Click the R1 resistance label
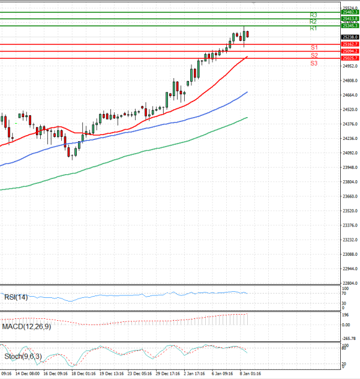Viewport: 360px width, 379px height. pyautogui.click(x=313, y=29)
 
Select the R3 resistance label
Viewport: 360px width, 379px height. pyautogui.click(x=313, y=15)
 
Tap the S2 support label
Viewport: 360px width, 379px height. pyautogui.click(x=314, y=55)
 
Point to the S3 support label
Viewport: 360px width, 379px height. pyautogui.click(x=314, y=63)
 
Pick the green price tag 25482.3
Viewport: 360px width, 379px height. pyautogui.click(x=350, y=12)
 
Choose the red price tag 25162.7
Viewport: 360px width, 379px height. pyautogui.click(x=350, y=44)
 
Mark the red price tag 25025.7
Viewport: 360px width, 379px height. pyautogui.click(x=350, y=58)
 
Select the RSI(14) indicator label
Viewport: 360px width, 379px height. pyautogui.click(x=16, y=297)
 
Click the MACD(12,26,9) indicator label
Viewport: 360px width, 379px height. pyautogui.click(x=26, y=326)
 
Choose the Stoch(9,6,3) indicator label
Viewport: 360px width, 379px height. pyautogui.click(x=22, y=356)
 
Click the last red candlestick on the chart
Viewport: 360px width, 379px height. pyautogui.click(x=247, y=34)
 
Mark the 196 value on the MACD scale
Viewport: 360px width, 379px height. pyautogui.click(x=345, y=315)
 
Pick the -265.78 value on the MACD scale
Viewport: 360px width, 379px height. pyautogui.click(x=348, y=338)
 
